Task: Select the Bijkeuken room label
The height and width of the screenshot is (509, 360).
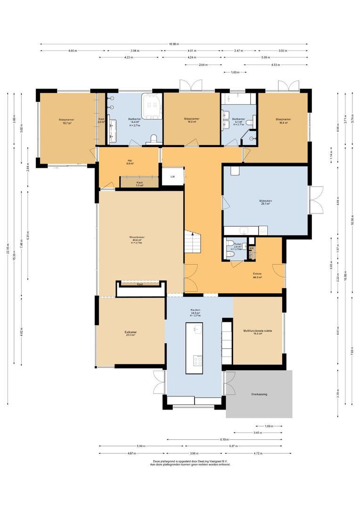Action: [266, 203]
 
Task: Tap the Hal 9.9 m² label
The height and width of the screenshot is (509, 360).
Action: [130, 162]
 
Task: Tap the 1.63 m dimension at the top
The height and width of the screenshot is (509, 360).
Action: [235, 72]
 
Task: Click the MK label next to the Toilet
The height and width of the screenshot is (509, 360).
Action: [252, 248]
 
